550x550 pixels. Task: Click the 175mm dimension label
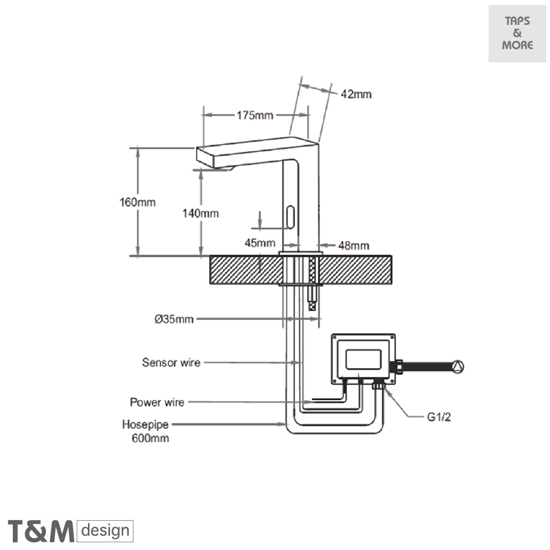[255, 115]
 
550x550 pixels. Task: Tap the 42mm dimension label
[356, 94]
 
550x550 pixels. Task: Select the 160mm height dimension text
[137, 202]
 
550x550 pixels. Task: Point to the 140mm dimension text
[201, 213]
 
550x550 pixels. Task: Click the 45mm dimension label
[259, 243]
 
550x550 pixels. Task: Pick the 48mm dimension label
[353, 246]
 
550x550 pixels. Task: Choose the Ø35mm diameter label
[174, 319]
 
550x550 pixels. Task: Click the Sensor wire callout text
[171, 363]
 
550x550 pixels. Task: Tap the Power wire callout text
[157, 402]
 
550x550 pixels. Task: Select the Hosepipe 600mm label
[145, 431]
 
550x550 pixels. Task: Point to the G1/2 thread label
[439, 418]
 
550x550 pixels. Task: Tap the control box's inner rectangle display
[363, 358]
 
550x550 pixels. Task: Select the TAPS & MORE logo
[517, 33]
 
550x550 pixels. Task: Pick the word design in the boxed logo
[105, 531]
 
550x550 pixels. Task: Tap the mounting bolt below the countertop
[313, 297]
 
